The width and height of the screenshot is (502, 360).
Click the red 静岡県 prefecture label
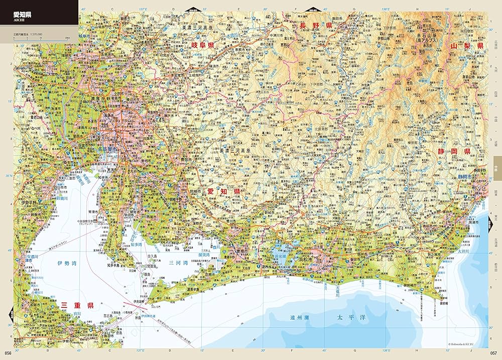[x=453, y=151]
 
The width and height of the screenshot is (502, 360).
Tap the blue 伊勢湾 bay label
[x=67, y=263]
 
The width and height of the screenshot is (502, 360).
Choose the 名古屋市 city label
[x=107, y=150]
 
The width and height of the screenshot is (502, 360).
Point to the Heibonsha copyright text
[x=468, y=344]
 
